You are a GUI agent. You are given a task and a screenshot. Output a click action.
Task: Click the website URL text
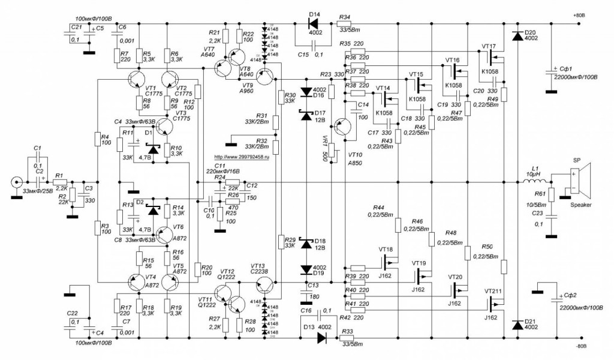pos(239,155)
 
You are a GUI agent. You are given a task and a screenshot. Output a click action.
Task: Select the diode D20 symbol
pos(517,36)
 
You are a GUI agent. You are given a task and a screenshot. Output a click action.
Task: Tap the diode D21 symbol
pos(517,325)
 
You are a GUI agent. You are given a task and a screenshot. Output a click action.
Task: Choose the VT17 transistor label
pos(489,46)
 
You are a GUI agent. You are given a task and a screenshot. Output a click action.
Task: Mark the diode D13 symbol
pos(322,337)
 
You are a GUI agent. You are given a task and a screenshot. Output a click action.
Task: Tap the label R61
pos(540,193)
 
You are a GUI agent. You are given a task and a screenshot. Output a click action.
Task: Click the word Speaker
pos(580,205)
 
